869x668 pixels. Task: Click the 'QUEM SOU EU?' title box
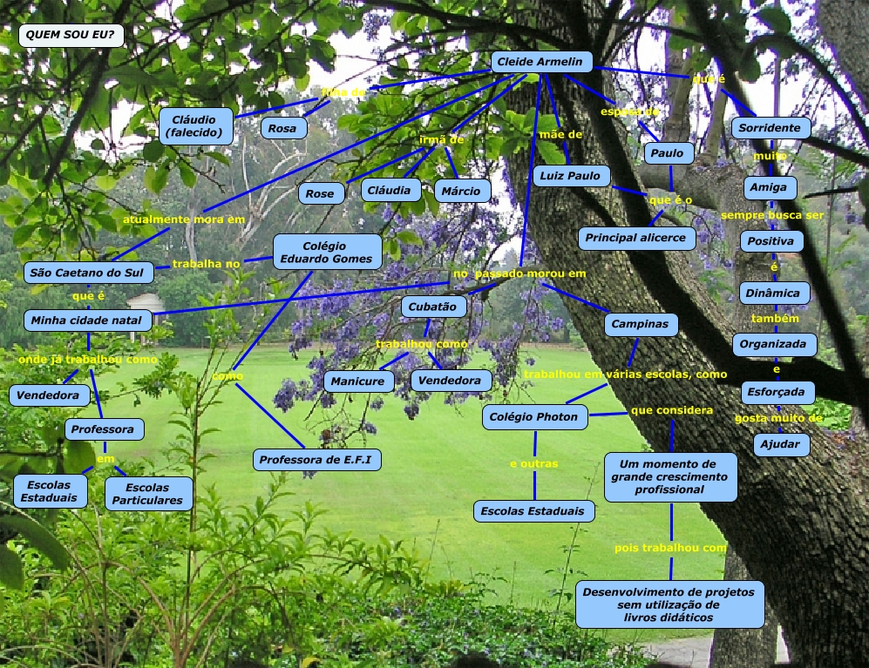71,36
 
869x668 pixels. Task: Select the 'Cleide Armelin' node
542,62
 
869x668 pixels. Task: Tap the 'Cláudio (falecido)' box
196,126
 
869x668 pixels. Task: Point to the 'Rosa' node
282,128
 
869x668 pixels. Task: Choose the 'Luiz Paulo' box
572,176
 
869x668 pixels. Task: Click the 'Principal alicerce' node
637,238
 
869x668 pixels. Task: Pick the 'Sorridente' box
770,128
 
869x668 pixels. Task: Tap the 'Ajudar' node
782,444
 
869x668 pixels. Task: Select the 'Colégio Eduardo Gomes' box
327,253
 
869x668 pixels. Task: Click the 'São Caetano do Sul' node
88,273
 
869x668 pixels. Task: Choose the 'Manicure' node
358,381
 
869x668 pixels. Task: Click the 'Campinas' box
641,325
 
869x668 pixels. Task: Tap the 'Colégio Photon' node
534,417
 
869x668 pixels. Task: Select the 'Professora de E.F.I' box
318,460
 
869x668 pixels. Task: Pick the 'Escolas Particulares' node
147,494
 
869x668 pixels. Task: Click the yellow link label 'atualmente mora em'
184,219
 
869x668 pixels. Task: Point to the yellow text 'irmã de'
442,139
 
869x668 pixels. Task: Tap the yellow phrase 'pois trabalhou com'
670,548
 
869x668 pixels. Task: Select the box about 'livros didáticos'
669,604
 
